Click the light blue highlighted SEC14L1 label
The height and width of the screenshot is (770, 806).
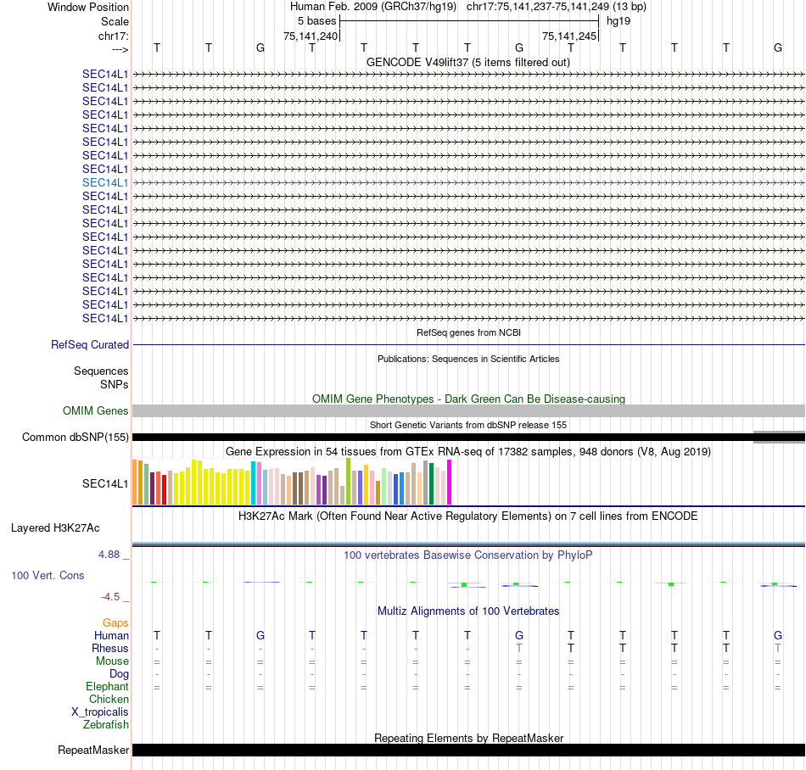[x=105, y=182]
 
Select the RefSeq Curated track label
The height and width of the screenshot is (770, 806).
[x=90, y=345]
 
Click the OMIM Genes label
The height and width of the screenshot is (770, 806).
[x=96, y=411]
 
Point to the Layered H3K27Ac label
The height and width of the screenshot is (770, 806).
[x=55, y=527]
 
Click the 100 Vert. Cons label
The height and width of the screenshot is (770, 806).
[x=48, y=576]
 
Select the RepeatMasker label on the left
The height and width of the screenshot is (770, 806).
[x=93, y=750]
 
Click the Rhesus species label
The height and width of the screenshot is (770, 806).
[x=110, y=649]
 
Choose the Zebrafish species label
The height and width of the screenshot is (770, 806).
[x=106, y=725]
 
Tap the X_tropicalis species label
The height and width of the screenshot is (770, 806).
[x=100, y=712]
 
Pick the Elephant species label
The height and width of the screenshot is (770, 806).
[x=107, y=687]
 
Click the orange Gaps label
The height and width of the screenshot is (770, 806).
[x=115, y=623]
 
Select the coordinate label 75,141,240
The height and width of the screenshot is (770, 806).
[x=311, y=36]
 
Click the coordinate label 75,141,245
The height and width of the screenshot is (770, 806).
[x=569, y=36]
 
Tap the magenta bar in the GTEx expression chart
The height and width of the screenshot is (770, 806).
[x=450, y=483]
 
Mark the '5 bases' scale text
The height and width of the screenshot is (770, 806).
[x=317, y=20]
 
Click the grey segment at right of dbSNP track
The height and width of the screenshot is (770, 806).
[x=779, y=437]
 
